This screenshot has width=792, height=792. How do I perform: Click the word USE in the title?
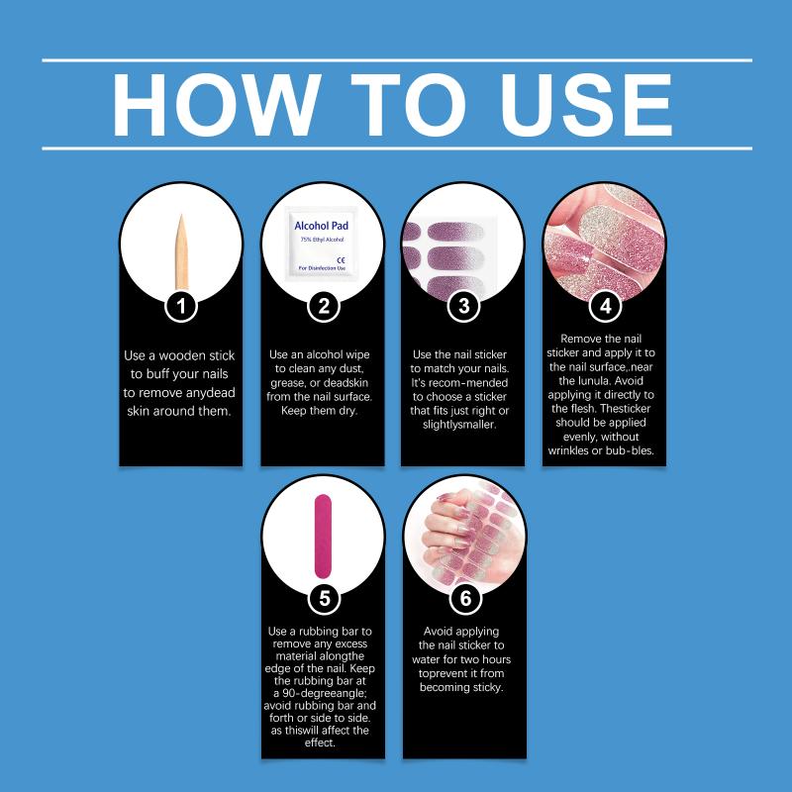point(585,105)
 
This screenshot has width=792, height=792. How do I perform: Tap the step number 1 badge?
point(181,306)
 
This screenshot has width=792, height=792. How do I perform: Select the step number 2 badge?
point(324,306)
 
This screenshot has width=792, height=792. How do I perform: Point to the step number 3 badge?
point(463,306)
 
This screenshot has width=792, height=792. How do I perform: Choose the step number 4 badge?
point(605,306)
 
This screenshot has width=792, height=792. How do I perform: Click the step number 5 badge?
point(325,598)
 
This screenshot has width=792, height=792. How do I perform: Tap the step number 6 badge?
point(465,598)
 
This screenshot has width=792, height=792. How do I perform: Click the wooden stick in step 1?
point(181,251)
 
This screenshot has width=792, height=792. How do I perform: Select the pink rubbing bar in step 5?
point(324,536)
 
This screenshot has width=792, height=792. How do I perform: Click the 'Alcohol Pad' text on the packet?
point(321,226)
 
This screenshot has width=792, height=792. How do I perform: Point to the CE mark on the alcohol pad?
point(341,260)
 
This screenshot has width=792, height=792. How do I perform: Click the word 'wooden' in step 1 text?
point(182,355)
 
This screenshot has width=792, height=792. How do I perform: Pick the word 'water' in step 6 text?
point(427,659)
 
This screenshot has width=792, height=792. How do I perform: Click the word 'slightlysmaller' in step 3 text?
point(459,425)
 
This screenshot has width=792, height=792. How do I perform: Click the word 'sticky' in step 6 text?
point(487,688)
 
